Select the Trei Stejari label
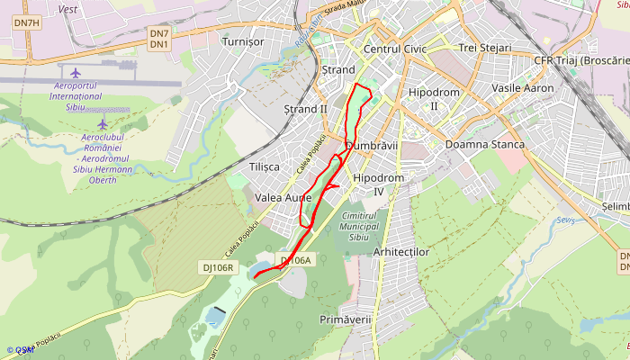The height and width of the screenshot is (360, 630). pos(484,48)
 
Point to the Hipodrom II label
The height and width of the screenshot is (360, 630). pos(434,99)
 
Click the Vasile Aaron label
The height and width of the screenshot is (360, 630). pos(523,88)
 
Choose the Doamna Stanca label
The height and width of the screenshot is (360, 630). pos(484,145)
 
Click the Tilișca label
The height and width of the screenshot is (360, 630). pos(264,166)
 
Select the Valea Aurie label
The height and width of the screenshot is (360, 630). pos(283,197)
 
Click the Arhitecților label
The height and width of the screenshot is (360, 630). pos(400,252)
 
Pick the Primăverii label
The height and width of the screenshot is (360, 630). pos(345,319)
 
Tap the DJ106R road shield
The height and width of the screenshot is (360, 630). pos(217,267)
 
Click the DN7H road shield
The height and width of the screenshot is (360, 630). pos(27,22)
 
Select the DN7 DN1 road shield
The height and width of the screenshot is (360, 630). pos(159,39)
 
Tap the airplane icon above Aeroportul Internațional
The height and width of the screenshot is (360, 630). pos(75,72)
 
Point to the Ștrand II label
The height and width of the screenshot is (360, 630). pos(305,109)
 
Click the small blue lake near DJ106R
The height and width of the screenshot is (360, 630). pos(215,317)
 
